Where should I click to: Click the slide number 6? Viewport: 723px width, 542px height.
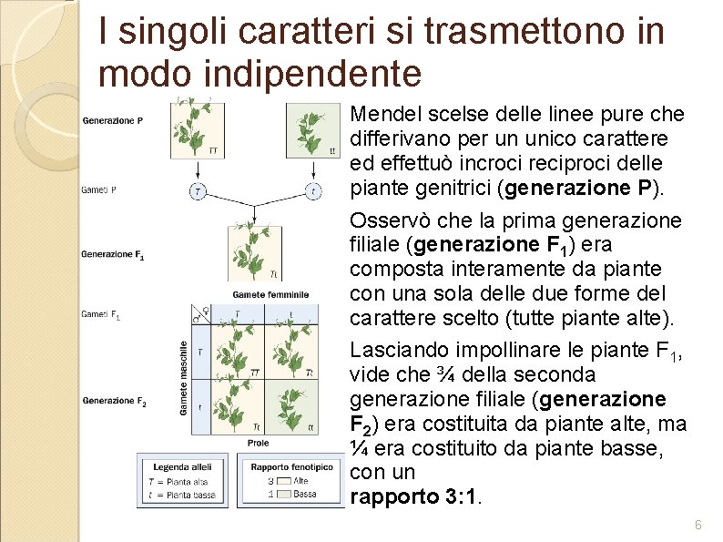[x=698, y=525]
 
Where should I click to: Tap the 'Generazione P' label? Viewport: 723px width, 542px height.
[x=112, y=120]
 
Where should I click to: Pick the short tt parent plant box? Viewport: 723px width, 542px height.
[x=312, y=129]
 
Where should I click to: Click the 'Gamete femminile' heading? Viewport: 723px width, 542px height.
[x=270, y=294]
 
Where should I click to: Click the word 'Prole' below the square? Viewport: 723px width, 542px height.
[x=258, y=443]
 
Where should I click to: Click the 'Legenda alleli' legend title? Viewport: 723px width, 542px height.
[x=182, y=467]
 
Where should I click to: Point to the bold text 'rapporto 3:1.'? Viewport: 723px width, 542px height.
[x=418, y=497]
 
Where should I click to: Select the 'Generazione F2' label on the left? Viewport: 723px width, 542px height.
[x=114, y=401]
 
